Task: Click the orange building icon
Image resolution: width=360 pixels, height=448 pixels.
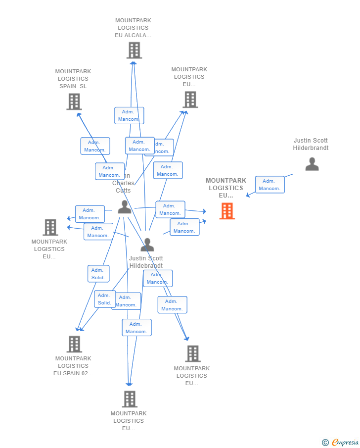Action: (x=227, y=211)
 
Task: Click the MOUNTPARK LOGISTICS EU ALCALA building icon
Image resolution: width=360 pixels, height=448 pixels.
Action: (x=134, y=50)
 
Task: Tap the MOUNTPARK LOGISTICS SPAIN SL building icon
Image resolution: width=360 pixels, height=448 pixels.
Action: (x=74, y=101)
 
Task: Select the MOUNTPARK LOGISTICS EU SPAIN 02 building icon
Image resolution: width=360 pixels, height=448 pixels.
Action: (x=74, y=344)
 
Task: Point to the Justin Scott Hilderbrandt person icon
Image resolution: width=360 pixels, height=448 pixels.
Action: (x=312, y=164)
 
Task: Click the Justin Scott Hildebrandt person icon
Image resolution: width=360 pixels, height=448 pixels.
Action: (x=147, y=245)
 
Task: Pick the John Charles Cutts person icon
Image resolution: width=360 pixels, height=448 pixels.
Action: (x=124, y=207)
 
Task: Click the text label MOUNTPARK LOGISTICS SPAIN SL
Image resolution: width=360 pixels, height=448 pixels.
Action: (x=73, y=79)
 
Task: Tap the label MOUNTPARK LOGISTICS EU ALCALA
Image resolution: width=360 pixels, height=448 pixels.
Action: (x=133, y=28)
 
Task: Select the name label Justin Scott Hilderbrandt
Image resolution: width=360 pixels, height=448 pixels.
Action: (x=311, y=144)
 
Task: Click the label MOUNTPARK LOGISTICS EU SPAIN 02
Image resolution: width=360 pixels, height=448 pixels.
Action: (x=73, y=366)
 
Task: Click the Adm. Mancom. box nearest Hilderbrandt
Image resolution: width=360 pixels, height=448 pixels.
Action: (x=270, y=185)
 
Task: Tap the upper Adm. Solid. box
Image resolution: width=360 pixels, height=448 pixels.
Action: (x=98, y=274)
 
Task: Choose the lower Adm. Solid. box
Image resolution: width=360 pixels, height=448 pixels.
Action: (x=104, y=299)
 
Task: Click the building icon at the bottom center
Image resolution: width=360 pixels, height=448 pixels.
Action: (x=129, y=399)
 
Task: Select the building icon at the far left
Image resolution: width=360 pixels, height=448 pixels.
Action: (x=50, y=227)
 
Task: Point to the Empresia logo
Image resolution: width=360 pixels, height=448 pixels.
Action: (x=345, y=442)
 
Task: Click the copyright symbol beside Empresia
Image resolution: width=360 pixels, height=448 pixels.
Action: (x=325, y=443)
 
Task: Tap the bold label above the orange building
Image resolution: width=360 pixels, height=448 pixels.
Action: (x=226, y=188)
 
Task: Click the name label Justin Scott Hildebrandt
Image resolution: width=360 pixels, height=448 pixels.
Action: (x=146, y=262)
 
